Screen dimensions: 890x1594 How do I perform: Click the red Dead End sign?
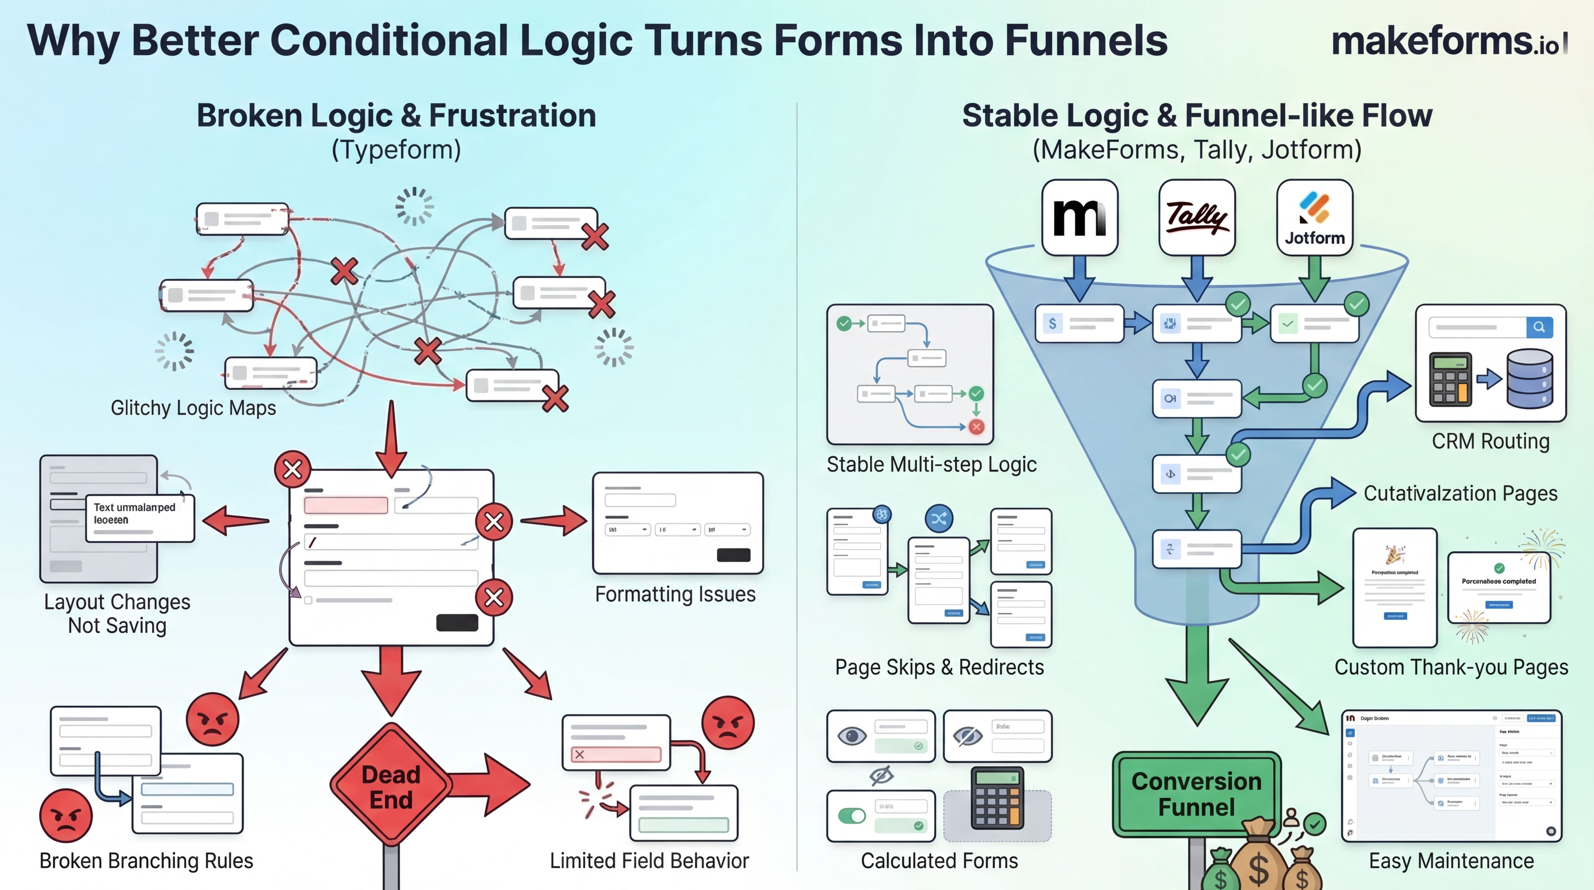click(391, 786)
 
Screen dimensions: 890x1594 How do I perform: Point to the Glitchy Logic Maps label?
click(193, 408)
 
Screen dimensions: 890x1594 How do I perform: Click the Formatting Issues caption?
click(675, 594)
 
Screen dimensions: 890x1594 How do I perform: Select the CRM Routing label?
click(1490, 441)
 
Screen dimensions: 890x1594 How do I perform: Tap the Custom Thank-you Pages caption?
click(1451, 667)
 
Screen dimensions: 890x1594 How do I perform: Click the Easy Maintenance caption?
click(1451, 861)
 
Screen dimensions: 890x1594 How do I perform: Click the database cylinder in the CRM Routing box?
click(1530, 379)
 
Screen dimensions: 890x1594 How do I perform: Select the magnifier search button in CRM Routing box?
click(1539, 327)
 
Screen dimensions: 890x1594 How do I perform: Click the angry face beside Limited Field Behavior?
click(728, 723)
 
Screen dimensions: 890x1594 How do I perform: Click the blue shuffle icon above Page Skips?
click(939, 519)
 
